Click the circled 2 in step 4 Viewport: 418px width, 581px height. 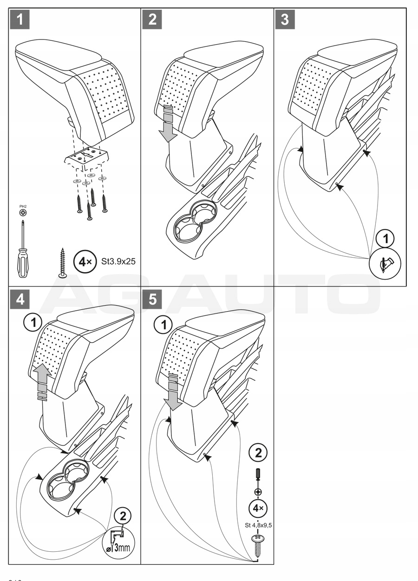point(123,515)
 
